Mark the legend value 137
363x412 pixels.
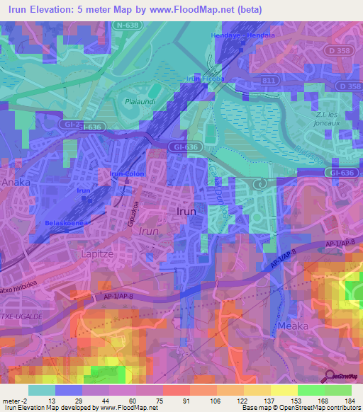pos(267,401)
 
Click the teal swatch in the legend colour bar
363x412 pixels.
pos(42,390)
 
